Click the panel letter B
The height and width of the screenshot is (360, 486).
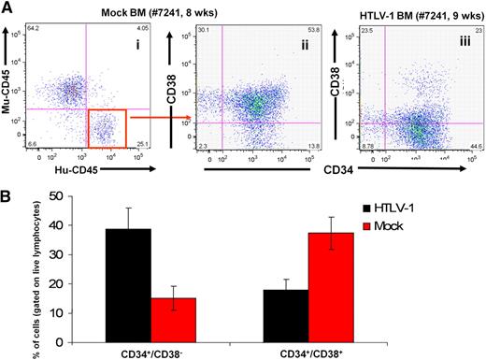(x=7, y=191)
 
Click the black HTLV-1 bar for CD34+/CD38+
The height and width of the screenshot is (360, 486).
(x=295, y=303)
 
